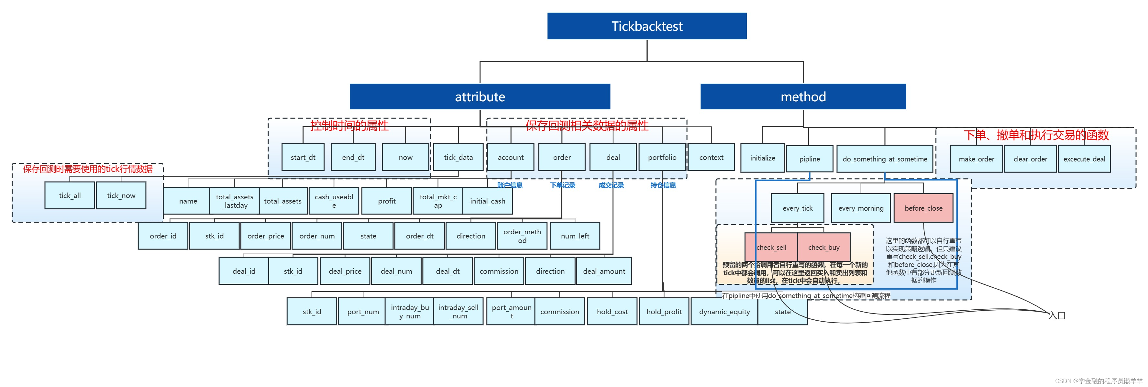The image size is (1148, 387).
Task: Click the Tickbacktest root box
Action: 647,26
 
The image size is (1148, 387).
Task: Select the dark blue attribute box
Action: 480,96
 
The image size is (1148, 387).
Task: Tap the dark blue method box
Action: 803,96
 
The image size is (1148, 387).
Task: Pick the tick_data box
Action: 458,157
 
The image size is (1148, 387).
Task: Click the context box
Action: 711,157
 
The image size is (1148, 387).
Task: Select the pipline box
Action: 809,159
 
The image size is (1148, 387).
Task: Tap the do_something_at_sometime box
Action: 885,159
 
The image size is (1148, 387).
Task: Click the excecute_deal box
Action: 1084,159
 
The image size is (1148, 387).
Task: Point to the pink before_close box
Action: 923,208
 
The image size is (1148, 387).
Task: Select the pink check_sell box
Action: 771,247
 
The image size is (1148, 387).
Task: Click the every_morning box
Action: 861,208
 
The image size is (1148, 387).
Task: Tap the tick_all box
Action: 70,195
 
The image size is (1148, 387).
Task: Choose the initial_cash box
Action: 488,201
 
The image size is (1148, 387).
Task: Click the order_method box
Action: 522,236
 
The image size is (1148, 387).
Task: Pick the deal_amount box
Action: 604,271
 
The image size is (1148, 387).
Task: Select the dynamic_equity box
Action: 724,311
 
